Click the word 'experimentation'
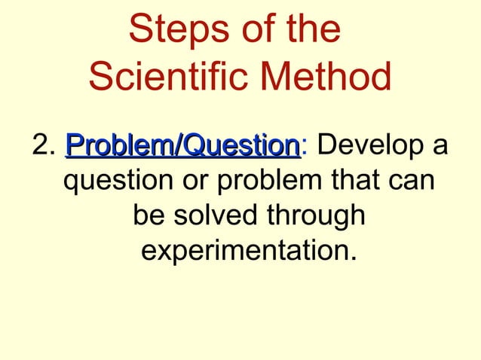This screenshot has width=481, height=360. coord(244,252)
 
